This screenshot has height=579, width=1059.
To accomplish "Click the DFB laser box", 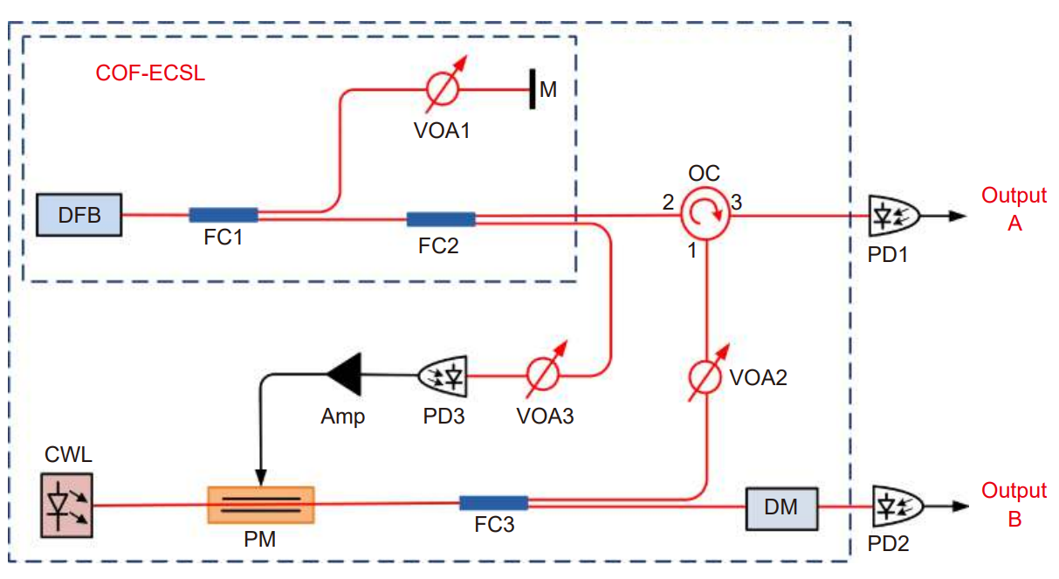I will click(79, 215).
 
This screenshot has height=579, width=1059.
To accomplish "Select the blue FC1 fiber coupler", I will click(223, 215).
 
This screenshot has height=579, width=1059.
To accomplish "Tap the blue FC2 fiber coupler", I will click(441, 219).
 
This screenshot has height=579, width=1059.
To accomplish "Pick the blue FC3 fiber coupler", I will click(493, 502).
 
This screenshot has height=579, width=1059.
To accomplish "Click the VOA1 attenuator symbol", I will click(443, 89).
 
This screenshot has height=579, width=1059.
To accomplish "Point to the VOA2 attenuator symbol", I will click(706, 376).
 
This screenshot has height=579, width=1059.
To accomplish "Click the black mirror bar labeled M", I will click(531, 89).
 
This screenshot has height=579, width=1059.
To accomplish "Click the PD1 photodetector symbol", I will click(891, 214).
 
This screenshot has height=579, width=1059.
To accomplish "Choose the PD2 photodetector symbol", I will click(891, 505).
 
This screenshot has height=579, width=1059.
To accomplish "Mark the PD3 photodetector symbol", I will click(444, 376).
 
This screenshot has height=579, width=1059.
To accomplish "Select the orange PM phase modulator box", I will click(260, 505).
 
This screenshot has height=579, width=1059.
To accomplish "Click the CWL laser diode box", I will click(66, 505).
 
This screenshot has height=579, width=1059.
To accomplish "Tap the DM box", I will click(781, 506).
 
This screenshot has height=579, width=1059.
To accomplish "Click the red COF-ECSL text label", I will click(150, 73).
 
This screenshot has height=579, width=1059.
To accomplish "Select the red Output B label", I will click(1014, 505).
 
